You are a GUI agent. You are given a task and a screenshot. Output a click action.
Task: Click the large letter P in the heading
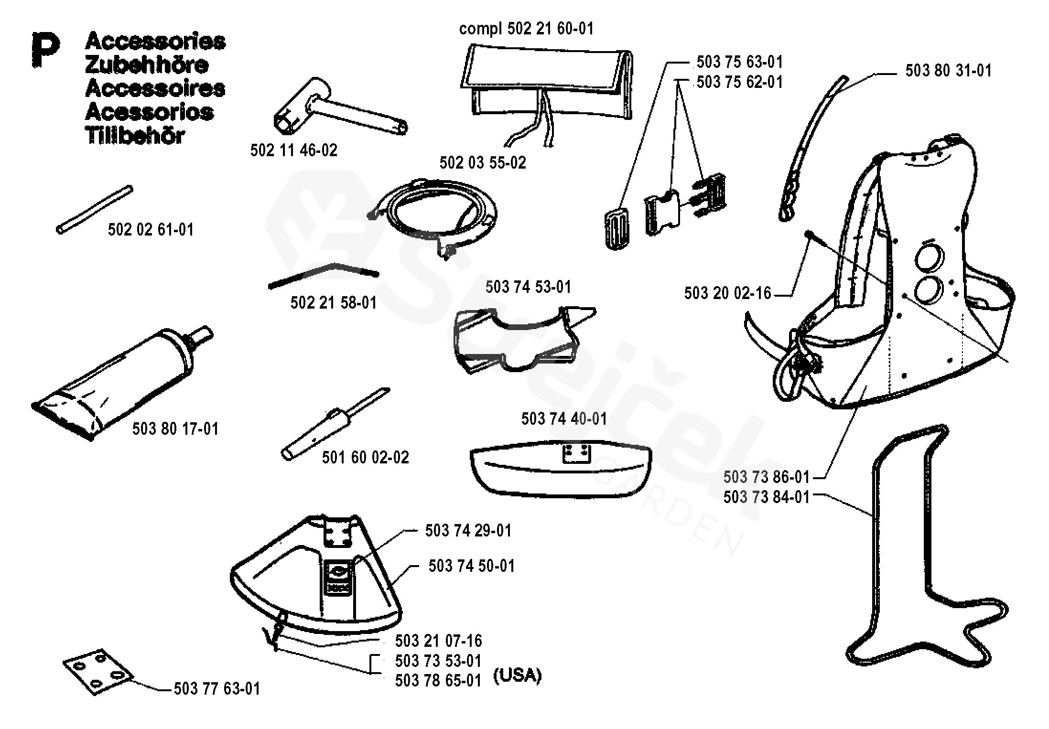[45, 50]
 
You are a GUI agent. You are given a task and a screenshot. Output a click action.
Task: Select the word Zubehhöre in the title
[147, 65]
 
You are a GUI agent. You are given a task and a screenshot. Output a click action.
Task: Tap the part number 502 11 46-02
[293, 150]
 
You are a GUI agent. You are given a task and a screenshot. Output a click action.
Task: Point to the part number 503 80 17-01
[175, 429]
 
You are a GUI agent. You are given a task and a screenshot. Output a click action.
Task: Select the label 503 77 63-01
[217, 689]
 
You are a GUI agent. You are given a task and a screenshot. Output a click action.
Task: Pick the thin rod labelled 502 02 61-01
[94, 209]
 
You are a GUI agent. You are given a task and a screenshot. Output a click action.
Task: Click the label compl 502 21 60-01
[526, 29]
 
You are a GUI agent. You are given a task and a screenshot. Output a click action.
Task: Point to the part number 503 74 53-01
[528, 287]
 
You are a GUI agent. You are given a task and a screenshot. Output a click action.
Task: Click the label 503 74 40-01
[564, 419]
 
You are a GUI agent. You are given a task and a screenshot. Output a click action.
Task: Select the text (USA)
[517, 675]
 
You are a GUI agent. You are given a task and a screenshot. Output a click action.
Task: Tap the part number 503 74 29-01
[468, 531]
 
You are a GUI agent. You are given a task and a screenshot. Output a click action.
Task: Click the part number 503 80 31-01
[949, 71]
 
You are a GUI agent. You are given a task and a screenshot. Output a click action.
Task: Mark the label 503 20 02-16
[727, 293]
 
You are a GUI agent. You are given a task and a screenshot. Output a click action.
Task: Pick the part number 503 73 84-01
[767, 497]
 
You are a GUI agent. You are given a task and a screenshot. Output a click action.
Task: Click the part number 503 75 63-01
[740, 62]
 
